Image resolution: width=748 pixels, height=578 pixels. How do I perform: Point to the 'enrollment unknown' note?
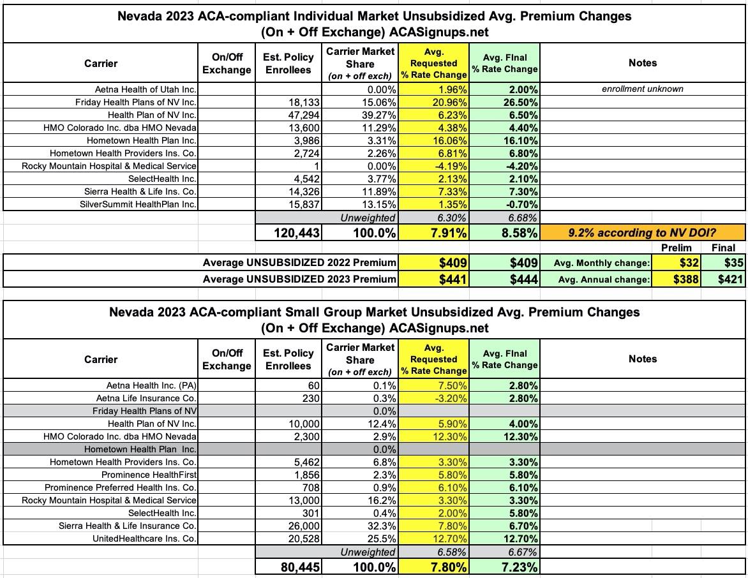[642, 89]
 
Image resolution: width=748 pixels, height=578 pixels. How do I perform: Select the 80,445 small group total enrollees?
[289, 567]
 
